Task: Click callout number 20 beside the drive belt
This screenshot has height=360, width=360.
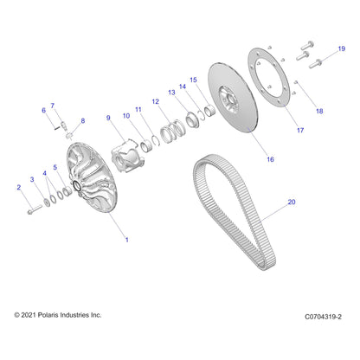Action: pos(292,202)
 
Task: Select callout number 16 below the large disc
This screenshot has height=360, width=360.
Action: pos(270,159)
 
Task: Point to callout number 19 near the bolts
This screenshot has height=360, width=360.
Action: pos(342,48)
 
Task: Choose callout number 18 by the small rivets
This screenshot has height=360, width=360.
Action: pos(319,111)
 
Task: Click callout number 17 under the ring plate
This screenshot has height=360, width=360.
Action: pos(300,131)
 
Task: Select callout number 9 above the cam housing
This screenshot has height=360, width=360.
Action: pos(108,118)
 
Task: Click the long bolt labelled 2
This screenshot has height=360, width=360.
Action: pos(35,209)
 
